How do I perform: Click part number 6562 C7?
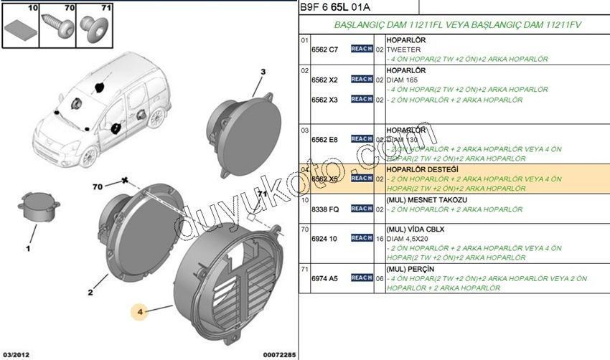(x=324, y=49)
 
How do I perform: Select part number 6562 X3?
(x=324, y=100)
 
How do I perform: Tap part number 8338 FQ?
(x=324, y=209)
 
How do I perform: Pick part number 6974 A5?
(x=324, y=278)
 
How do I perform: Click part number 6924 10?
(x=324, y=238)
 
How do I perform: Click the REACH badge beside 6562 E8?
(x=362, y=139)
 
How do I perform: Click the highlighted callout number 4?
(x=141, y=312)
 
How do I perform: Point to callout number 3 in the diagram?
(x=263, y=71)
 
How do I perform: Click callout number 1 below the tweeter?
(x=28, y=248)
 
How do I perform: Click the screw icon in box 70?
(x=58, y=28)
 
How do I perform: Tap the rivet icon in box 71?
(x=93, y=28)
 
